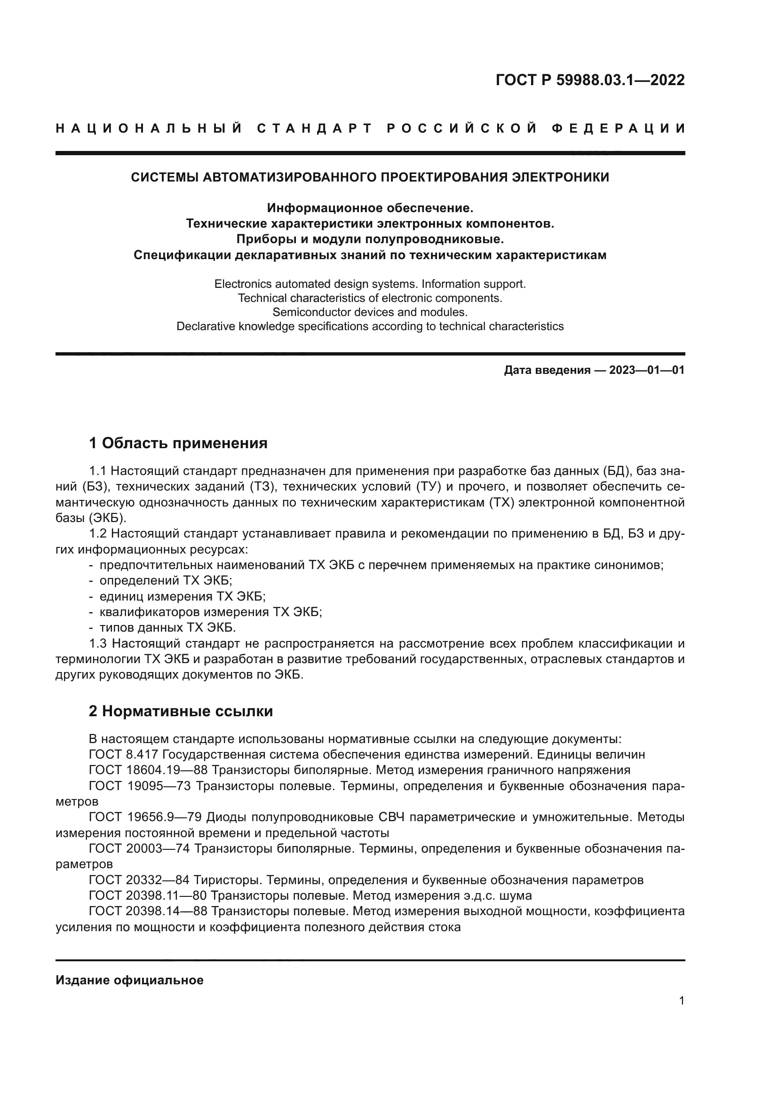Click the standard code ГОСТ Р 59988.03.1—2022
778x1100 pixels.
click(x=590, y=80)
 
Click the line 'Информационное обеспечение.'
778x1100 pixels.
click(x=370, y=208)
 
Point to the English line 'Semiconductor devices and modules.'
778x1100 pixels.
click(x=370, y=312)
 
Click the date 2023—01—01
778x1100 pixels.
click(x=647, y=370)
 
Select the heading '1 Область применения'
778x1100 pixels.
click(x=178, y=443)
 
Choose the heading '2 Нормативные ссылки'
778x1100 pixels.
click(x=181, y=711)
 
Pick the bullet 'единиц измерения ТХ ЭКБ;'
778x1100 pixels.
click(x=182, y=596)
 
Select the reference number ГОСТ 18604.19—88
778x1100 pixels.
click(x=148, y=770)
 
